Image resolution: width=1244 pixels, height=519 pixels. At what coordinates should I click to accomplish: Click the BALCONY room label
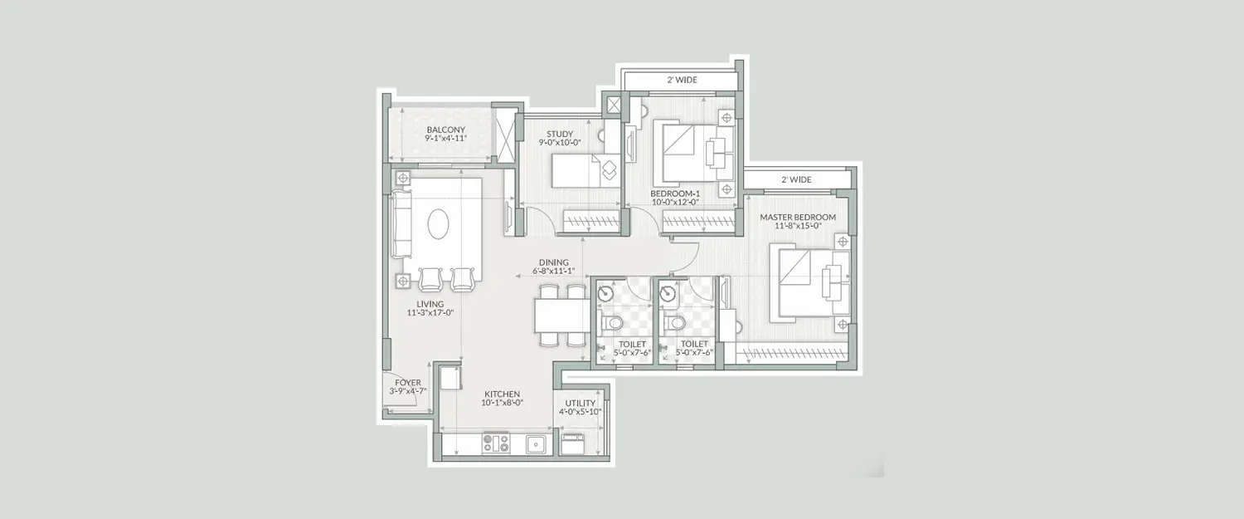coord(445,130)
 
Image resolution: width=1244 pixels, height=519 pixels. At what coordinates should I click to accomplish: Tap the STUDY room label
coord(560,134)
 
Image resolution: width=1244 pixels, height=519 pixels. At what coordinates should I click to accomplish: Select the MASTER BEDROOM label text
coord(798,218)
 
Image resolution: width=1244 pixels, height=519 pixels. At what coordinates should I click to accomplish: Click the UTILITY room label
coord(581,404)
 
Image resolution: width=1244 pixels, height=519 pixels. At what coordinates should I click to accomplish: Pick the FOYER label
coord(408,383)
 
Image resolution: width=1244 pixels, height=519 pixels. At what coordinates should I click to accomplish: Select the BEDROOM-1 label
coord(675,193)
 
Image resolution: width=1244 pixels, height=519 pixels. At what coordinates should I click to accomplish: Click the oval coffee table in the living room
coord(440,223)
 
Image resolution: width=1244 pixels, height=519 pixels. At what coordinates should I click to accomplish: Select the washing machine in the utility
coord(573,444)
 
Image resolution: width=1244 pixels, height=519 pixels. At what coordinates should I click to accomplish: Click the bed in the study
coord(581,172)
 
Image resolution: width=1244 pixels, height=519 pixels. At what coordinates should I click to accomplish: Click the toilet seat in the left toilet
coord(611,322)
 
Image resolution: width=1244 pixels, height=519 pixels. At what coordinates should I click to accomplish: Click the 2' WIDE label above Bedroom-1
coord(682,81)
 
